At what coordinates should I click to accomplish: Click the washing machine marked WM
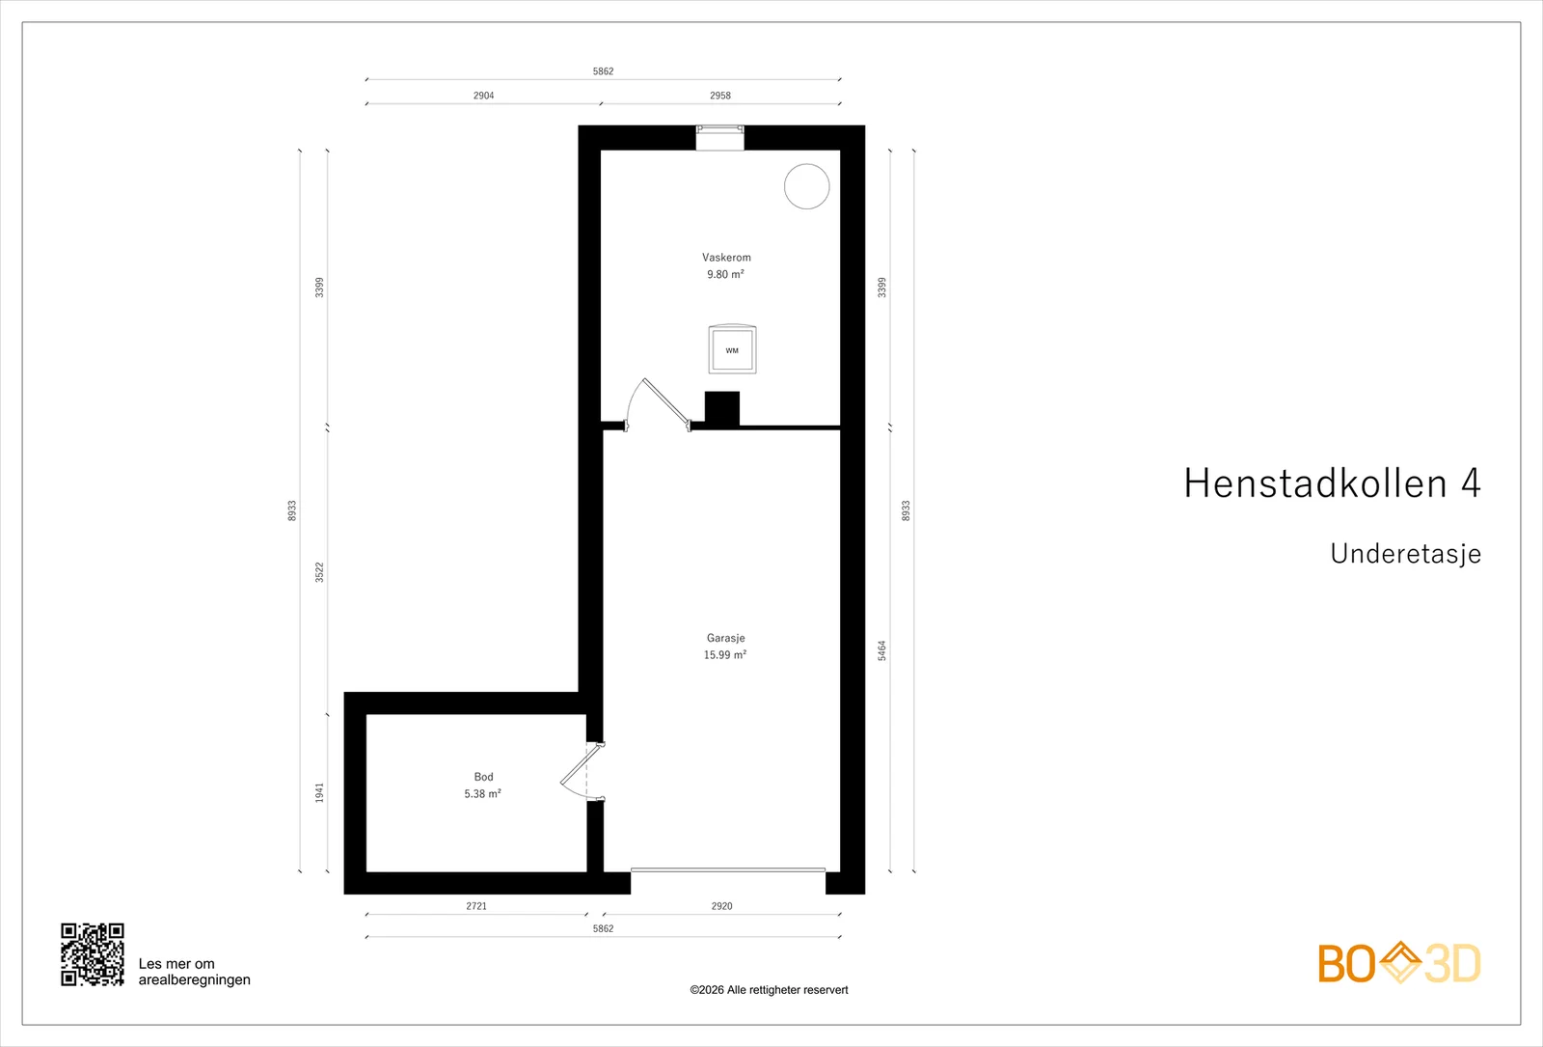732,349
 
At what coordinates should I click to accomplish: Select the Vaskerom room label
726,258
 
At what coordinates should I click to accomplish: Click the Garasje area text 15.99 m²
724,655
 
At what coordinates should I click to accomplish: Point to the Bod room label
483,777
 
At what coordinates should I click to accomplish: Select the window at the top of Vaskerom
719,137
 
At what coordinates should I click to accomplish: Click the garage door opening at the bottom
728,870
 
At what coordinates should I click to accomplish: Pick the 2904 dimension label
483,96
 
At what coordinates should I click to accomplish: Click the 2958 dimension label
720,96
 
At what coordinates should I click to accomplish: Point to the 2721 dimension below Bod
476,906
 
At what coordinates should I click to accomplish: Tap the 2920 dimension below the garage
722,906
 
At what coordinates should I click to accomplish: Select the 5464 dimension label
881,650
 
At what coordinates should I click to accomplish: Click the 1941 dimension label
319,792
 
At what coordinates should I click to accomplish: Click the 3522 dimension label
319,573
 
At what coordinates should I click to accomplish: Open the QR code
93,954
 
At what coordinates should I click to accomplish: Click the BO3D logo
1399,963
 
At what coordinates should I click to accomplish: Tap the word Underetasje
1405,554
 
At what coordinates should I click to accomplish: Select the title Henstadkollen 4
1332,482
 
